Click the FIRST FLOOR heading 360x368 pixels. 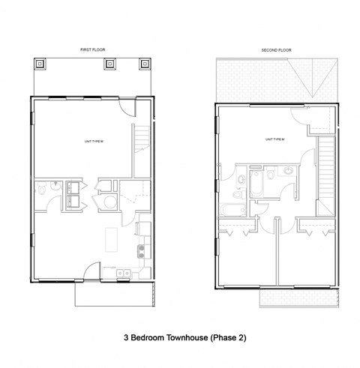pos(93,49)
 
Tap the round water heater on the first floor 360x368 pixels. pos(109,200)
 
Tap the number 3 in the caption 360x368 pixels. pos(126,338)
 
